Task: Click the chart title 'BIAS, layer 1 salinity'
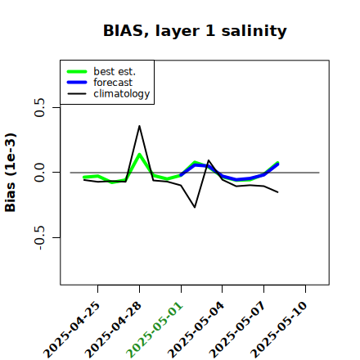click(x=195, y=31)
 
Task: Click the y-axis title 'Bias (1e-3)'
click(x=11, y=173)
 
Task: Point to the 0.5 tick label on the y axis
click(x=40, y=107)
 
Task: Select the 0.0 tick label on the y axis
click(x=40, y=173)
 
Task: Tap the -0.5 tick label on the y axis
click(x=40, y=238)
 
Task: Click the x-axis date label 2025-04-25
click(x=72, y=330)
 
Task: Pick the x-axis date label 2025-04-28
click(x=113, y=330)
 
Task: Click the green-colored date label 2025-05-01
click(x=155, y=330)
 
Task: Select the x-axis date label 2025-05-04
click(x=196, y=330)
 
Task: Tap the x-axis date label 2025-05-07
click(x=237, y=330)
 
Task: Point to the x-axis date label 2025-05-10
click(x=279, y=330)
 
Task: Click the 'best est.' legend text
click(x=115, y=71)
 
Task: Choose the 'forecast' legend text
click(x=113, y=83)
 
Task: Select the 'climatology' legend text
click(x=122, y=94)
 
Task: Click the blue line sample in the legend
click(x=77, y=83)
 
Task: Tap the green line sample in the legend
click(x=77, y=71)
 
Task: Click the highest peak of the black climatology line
click(x=139, y=126)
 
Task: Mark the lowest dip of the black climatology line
click(x=195, y=207)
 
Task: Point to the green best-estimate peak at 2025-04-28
click(x=139, y=154)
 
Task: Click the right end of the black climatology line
click(x=278, y=192)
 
